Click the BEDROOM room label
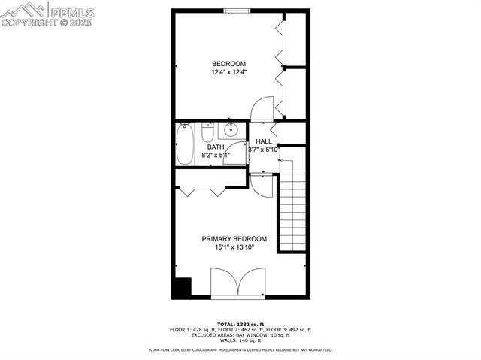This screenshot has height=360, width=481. (228, 63)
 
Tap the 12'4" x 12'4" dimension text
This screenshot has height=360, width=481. (228, 72)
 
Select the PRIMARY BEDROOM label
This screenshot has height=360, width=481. (234, 239)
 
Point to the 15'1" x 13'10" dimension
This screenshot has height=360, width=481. (234, 247)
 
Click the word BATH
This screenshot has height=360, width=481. (216, 147)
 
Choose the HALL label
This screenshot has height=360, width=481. (264, 141)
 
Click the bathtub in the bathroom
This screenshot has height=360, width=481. (185, 144)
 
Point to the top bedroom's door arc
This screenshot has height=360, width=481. (262, 108)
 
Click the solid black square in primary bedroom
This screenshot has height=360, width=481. (181, 286)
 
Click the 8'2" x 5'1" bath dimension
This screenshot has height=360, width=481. (216, 156)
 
